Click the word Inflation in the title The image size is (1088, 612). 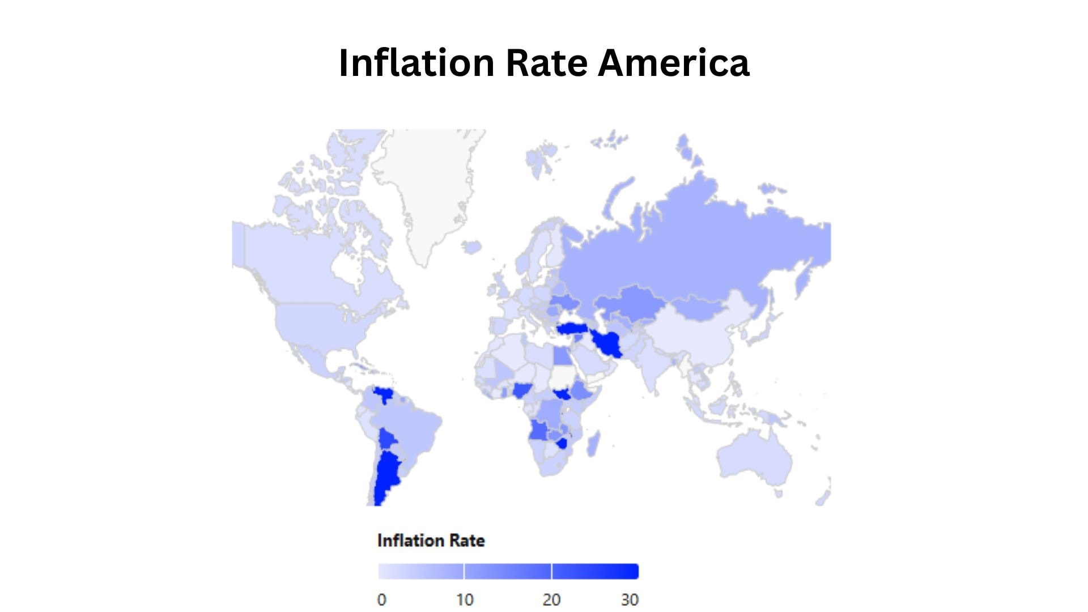pyautogui.click(x=416, y=62)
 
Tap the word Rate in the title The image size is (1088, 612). pyautogui.click(x=546, y=62)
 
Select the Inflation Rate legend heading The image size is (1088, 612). pyautogui.click(x=431, y=541)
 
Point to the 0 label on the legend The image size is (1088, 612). pyautogui.click(x=382, y=600)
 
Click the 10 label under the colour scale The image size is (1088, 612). pyautogui.click(x=465, y=600)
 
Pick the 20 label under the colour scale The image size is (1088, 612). pyautogui.click(x=551, y=600)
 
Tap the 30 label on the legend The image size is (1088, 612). pyautogui.click(x=630, y=600)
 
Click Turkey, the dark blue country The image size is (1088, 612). pyautogui.click(x=573, y=329)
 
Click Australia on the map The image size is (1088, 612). pyautogui.click(x=754, y=459)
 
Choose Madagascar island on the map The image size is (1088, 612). pyautogui.click(x=593, y=443)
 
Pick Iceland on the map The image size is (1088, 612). pyautogui.click(x=471, y=247)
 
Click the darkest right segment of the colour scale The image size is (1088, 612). pyautogui.click(x=595, y=571)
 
